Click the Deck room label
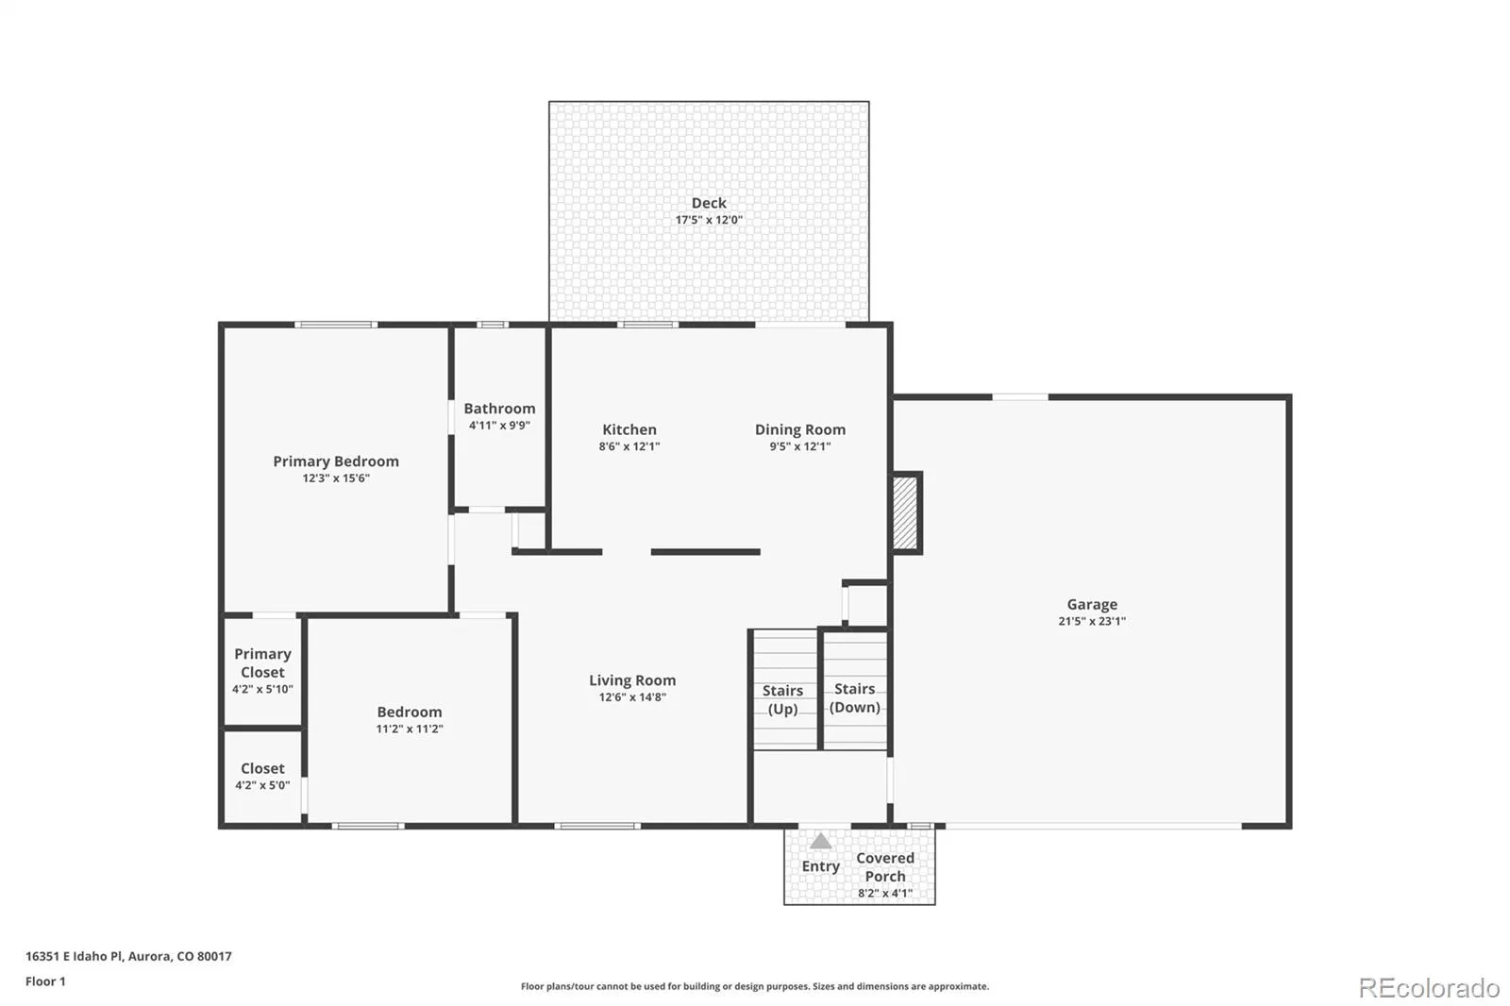point(709,203)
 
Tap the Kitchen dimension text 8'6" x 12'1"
point(629,446)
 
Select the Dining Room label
point(800,429)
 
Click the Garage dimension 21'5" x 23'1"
point(1092,621)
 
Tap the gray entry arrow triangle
point(820,841)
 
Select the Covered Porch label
point(885,867)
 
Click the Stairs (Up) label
point(782,700)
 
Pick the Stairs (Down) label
point(855,697)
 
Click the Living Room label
point(632,680)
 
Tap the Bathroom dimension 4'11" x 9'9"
point(499,426)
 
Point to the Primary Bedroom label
point(336,461)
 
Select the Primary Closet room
point(262,672)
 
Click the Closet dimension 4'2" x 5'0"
point(262,785)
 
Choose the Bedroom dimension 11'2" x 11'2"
point(410,729)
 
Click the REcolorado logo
point(1429,988)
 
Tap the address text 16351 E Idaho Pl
point(75,956)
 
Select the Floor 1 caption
point(45,981)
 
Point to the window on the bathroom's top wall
point(493,325)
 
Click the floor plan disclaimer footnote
point(755,986)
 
